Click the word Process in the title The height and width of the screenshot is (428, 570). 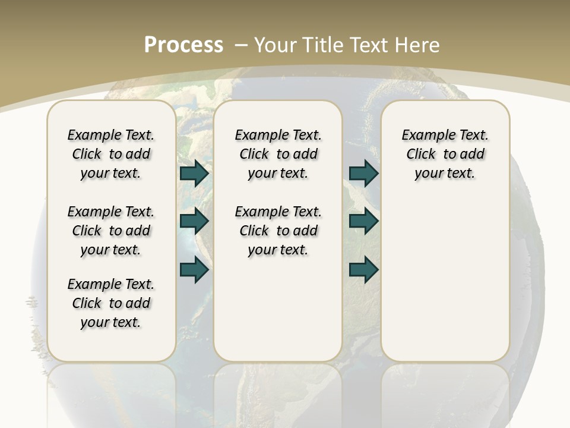[183, 45]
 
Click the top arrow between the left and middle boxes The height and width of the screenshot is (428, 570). [194, 173]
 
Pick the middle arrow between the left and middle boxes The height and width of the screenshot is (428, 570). [194, 221]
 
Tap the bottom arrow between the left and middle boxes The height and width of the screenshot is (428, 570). [194, 270]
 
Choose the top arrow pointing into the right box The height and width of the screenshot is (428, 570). [363, 173]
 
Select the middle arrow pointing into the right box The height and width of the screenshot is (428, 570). [363, 221]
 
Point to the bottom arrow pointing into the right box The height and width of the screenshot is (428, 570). [363, 270]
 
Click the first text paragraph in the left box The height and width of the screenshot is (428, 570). [111, 154]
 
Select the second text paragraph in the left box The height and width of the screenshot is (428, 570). [111, 231]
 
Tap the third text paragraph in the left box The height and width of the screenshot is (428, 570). [111, 303]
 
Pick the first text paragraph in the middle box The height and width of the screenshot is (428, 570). [278, 154]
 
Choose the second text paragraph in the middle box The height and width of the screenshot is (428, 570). [278, 231]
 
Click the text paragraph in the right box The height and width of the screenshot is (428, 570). [445, 154]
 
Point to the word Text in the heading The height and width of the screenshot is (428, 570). [372, 45]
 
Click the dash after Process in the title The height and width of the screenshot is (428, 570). [241, 45]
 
